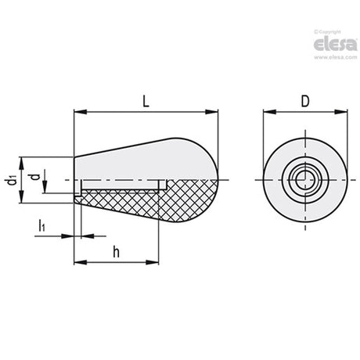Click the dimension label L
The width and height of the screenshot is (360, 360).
[x=146, y=101]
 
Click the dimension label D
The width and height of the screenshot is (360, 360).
[x=305, y=101]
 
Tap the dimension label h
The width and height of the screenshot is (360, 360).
[x=117, y=252]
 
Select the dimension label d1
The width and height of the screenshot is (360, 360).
[x=12, y=180]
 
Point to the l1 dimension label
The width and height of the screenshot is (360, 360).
[x=41, y=225]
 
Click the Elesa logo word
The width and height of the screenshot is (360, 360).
[x=335, y=45]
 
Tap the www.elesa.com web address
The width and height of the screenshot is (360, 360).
[x=336, y=57]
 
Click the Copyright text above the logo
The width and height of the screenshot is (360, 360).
[x=327, y=32]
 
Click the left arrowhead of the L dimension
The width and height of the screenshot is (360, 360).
[x=81, y=112]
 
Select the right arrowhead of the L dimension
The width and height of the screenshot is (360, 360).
[x=212, y=112]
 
